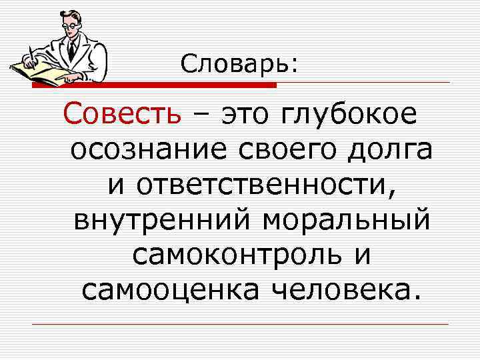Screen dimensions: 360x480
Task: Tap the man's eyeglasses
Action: tap(69, 25)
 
